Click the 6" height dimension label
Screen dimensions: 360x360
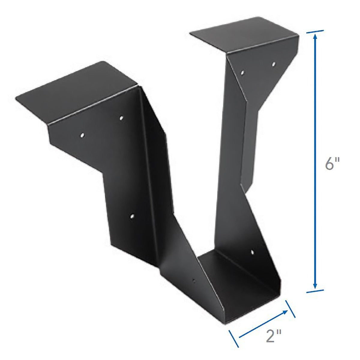(332, 165)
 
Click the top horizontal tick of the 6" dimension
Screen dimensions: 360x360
(315, 31)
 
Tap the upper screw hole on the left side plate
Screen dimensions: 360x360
(121, 118)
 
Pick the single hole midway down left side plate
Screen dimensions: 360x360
(132, 215)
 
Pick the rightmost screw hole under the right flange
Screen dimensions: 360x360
(273, 64)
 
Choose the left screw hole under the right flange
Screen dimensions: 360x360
(243, 72)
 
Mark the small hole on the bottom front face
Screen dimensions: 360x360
(194, 281)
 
